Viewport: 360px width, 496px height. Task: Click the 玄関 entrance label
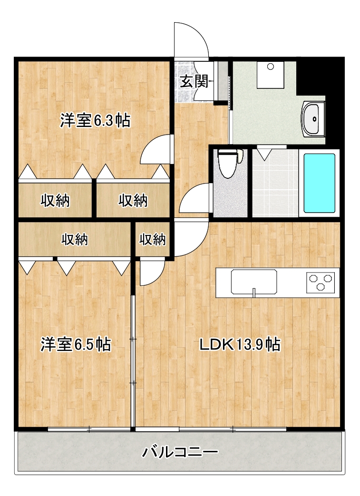pyautogui.click(x=195, y=82)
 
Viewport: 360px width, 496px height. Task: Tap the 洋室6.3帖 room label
pyautogui.click(x=95, y=120)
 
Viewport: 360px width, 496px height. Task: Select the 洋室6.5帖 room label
pyautogui.click(x=76, y=344)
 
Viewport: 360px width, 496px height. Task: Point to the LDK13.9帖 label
pyautogui.click(x=240, y=344)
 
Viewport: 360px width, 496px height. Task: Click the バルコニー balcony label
pyautogui.click(x=180, y=452)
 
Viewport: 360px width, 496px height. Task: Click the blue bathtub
pyautogui.click(x=319, y=183)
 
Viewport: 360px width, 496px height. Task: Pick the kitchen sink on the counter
pyautogui.click(x=253, y=282)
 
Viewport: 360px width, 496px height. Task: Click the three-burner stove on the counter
pyautogui.click(x=321, y=282)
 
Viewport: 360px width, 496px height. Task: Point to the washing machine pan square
pyautogui.click(x=270, y=75)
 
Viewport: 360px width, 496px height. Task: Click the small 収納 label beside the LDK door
pyautogui.click(x=153, y=240)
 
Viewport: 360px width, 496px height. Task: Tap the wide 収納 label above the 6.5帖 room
pyautogui.click(x=75, y=240)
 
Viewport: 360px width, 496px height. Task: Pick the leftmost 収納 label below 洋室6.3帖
pyautogui.click(x=55, y=201)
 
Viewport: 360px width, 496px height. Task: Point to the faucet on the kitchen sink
pyautogui.click(x=253, y=293)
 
